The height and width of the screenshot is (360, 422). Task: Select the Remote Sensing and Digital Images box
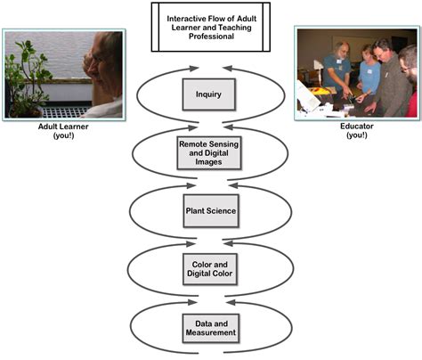coord(210,151)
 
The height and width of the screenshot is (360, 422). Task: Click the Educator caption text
coord(355,126)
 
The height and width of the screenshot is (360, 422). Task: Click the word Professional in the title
coord(210,37)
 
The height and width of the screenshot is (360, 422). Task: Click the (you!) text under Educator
coord(355,135)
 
